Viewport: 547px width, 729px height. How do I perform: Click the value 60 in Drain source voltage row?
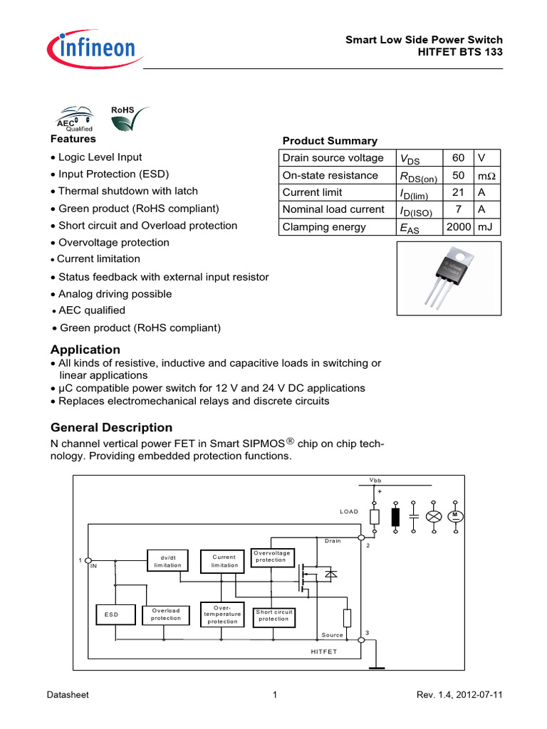coord(457,158)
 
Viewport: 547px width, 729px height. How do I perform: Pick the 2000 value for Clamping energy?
coord(457,227)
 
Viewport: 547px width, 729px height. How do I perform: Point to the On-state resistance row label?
coord(321,175)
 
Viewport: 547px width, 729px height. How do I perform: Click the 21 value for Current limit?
coord(457,192)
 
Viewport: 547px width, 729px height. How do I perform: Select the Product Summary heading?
coord(330,141)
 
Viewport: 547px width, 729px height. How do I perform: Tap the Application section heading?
coord(85,350)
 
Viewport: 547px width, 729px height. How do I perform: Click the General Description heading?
coord(111,428)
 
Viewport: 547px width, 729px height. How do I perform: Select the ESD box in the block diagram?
coord(111,614)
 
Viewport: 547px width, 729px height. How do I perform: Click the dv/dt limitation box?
coord(168,560)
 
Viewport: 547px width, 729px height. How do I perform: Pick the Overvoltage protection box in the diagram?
coord(271,556)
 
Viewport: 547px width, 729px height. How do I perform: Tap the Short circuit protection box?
coord(273,615)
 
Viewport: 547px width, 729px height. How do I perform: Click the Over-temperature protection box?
coord(222,614)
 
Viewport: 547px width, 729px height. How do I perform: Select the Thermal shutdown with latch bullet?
coord(128,192)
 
